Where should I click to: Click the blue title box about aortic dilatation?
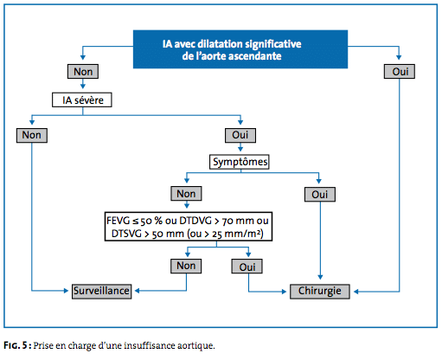pos(240,49)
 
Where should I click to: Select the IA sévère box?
pos(82,100)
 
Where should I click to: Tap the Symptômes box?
pos(240,162)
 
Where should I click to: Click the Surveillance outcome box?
pos(101,292)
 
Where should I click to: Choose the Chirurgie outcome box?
pos(320,292)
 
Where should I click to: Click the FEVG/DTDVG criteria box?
pos(189,227)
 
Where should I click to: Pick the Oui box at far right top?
pos(400,71)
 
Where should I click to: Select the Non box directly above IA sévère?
pos(83,71)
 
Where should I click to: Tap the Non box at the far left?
pos(32,135)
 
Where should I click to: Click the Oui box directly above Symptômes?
pos(240,135)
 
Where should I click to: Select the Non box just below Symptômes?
pos(186,194)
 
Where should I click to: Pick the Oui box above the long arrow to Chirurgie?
pos(320,195)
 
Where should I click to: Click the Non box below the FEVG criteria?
pos(186,266)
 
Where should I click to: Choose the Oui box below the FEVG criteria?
pos(247,267)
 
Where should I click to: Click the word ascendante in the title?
pos(255,56)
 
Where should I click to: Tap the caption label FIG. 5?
pos(16,345)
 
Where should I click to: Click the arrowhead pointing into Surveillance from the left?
pos(66,291)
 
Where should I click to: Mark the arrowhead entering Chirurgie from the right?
pos(356,292)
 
